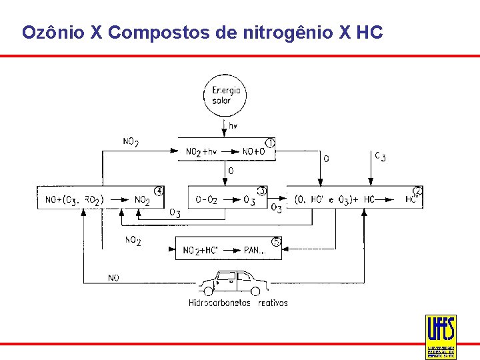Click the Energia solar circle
225,96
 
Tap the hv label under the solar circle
233,125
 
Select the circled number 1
270,143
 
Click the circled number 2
417,191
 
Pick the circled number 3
262,191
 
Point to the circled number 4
159,191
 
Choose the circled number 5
276,241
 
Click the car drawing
234,283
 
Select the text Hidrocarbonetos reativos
238,303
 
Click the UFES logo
440,336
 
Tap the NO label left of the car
113,278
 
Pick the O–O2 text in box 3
206,200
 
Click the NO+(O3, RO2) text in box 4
74,200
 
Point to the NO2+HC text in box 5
201,251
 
